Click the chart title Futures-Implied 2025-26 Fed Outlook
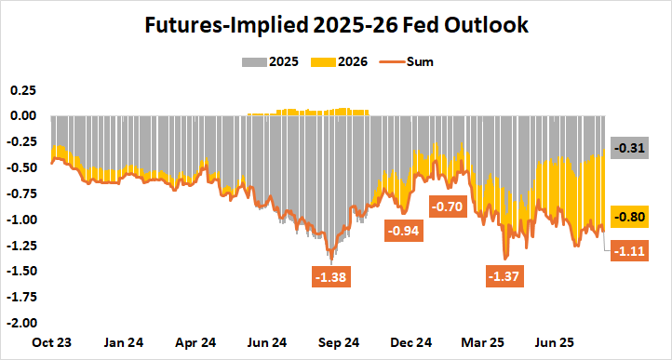[x=336, y=26]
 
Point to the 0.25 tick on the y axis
[x=22, y=90]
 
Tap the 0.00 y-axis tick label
[x=22, y=116]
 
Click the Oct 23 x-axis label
[x=51, y=342]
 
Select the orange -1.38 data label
[x=331, y=277]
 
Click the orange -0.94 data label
[x=405, y=231]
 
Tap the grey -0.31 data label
[x=629, y=149]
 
